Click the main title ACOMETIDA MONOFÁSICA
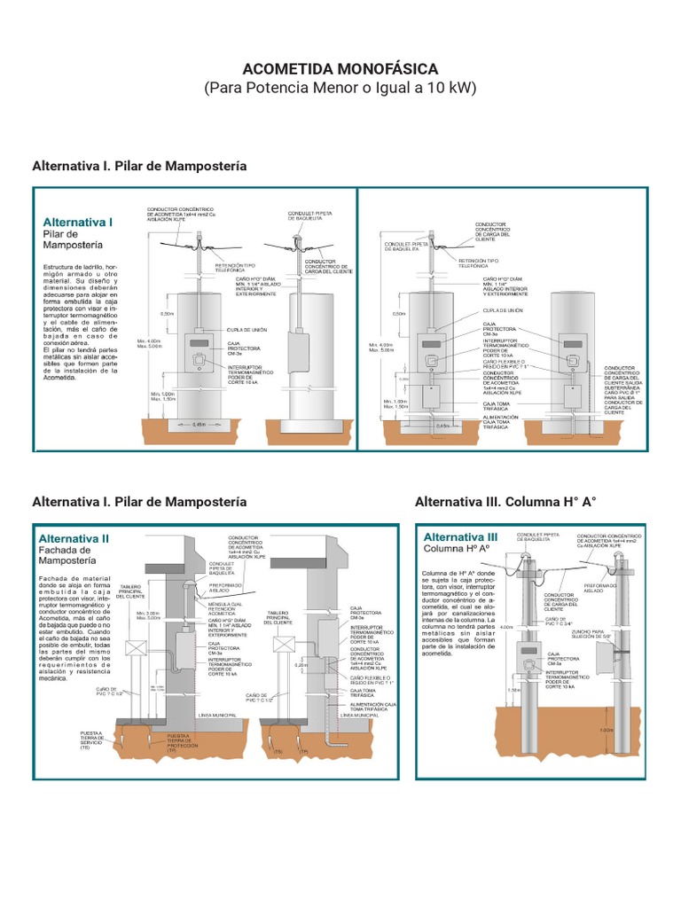(340, 69)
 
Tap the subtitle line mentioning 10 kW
(340, 89)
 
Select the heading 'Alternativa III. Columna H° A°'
(505, 502)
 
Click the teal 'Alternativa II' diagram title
(74, 538)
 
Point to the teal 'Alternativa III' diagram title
(460, 537)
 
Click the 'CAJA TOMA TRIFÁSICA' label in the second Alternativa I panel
(498, 403)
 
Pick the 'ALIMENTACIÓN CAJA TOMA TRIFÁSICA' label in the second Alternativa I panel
(500, 420)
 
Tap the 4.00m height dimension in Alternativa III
(506, 627)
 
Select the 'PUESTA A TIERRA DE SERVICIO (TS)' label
(91, 740)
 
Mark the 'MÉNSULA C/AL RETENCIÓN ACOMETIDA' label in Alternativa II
(227, 613)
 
